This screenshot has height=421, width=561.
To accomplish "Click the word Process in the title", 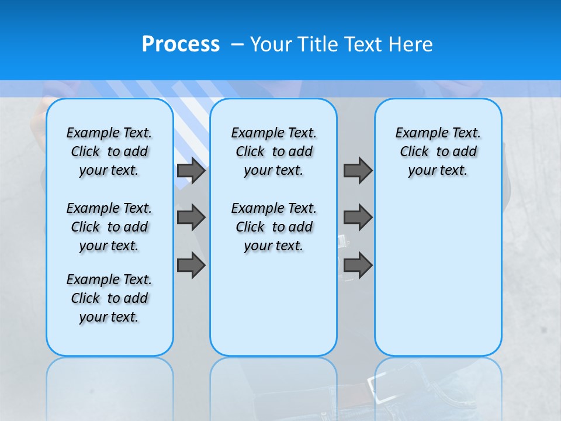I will (x=181, y=44).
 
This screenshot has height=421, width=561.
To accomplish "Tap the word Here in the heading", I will (x=411, y=44).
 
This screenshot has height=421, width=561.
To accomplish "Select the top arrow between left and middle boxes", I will (x=191, y=171).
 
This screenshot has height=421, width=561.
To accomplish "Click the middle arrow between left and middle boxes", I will (x=191, y=218).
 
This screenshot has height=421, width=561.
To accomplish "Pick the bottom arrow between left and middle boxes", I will (x=191, y=266).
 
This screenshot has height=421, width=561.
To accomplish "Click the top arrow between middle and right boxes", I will (x=358, y=171).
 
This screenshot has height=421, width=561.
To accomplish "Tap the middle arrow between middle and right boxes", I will (x=358, y=218).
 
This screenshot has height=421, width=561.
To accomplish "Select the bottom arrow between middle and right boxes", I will (x=358, y=266).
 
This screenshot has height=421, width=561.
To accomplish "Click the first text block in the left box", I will (x=109, y=151).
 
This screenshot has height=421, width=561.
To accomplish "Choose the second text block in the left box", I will (x=109, y=227).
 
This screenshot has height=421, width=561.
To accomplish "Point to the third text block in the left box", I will (x=109, y=298).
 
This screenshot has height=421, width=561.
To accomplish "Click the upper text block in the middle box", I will (x=273, y=151).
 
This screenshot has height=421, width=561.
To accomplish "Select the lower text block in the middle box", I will (x=273, y=227).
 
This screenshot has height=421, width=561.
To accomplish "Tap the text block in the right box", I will (x=438, y=151).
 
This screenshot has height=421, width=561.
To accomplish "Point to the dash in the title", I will (x=237, y=44).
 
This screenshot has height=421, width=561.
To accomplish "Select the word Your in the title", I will (x=271, y=44).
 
